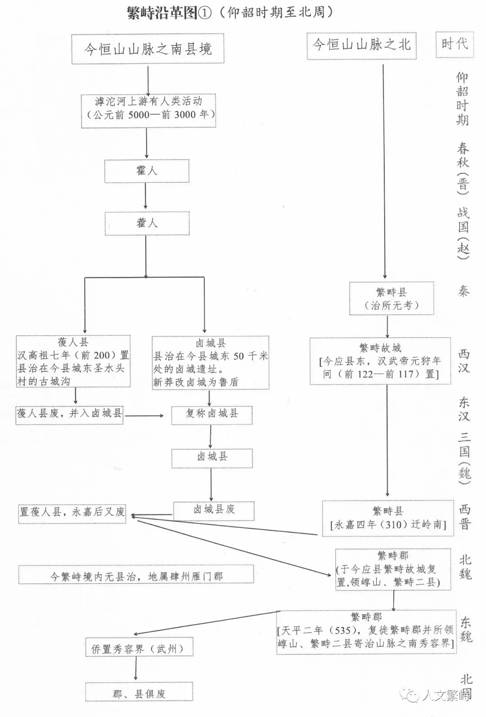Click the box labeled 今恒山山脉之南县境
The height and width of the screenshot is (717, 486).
pyautogui.click(x=148, y=48)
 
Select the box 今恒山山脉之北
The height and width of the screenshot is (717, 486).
pyautogui.click(x=361, y=45)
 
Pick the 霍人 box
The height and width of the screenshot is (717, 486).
pyautogui.click(x=147, y=171)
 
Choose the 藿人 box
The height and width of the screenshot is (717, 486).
pyautogui.click(x=147, y=223)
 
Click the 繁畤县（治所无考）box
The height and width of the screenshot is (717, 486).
pyautogui.click(x=391, y=298)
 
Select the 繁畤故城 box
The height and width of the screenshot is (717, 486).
pyautogui.click(x=380, y=361)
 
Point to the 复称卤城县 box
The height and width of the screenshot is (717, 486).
pyautogui.click(x=211, y=414)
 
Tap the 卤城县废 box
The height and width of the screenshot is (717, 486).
pyautogui.click(x=214, y=510)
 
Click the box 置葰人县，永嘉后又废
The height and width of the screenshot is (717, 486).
pyautogui.click(x=72, y=512)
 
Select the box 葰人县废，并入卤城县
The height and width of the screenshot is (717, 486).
pyautogui.click(x=70, y=414)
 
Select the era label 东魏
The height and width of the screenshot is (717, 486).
pyautogui.click(x=465, y=629)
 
